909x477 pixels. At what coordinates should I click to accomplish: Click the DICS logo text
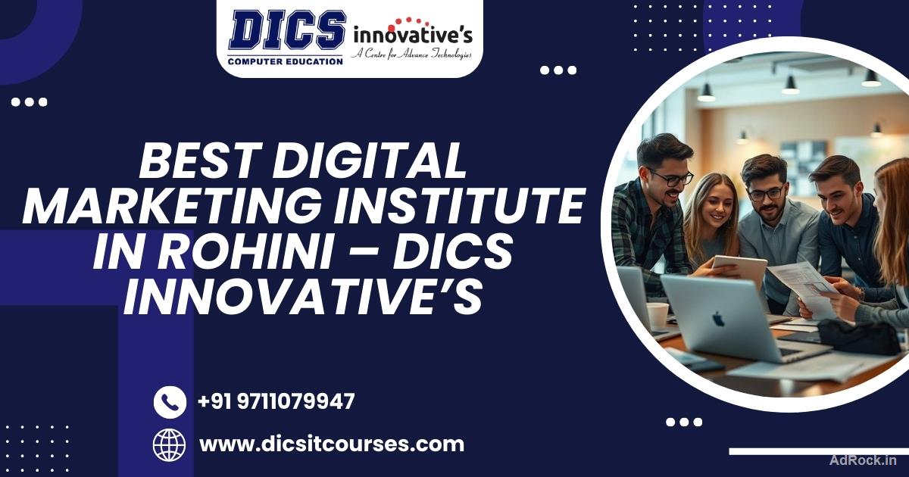(x=287, y=30)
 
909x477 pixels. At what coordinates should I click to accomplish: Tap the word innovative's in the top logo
(x=412, y=34)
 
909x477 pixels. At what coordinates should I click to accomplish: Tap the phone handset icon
(x=170, y=402)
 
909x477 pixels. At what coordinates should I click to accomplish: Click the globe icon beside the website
(x=170, y=444)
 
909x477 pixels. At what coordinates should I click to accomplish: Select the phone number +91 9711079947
(x=276, y=401)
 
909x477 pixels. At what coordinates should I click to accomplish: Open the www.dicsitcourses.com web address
(x=331, y=444)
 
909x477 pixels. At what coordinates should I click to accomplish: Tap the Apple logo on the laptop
(x=717, y=318)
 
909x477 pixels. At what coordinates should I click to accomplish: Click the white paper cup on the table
(x=658, y=315)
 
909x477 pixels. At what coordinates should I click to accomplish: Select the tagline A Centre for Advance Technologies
(x=411, y=55)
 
